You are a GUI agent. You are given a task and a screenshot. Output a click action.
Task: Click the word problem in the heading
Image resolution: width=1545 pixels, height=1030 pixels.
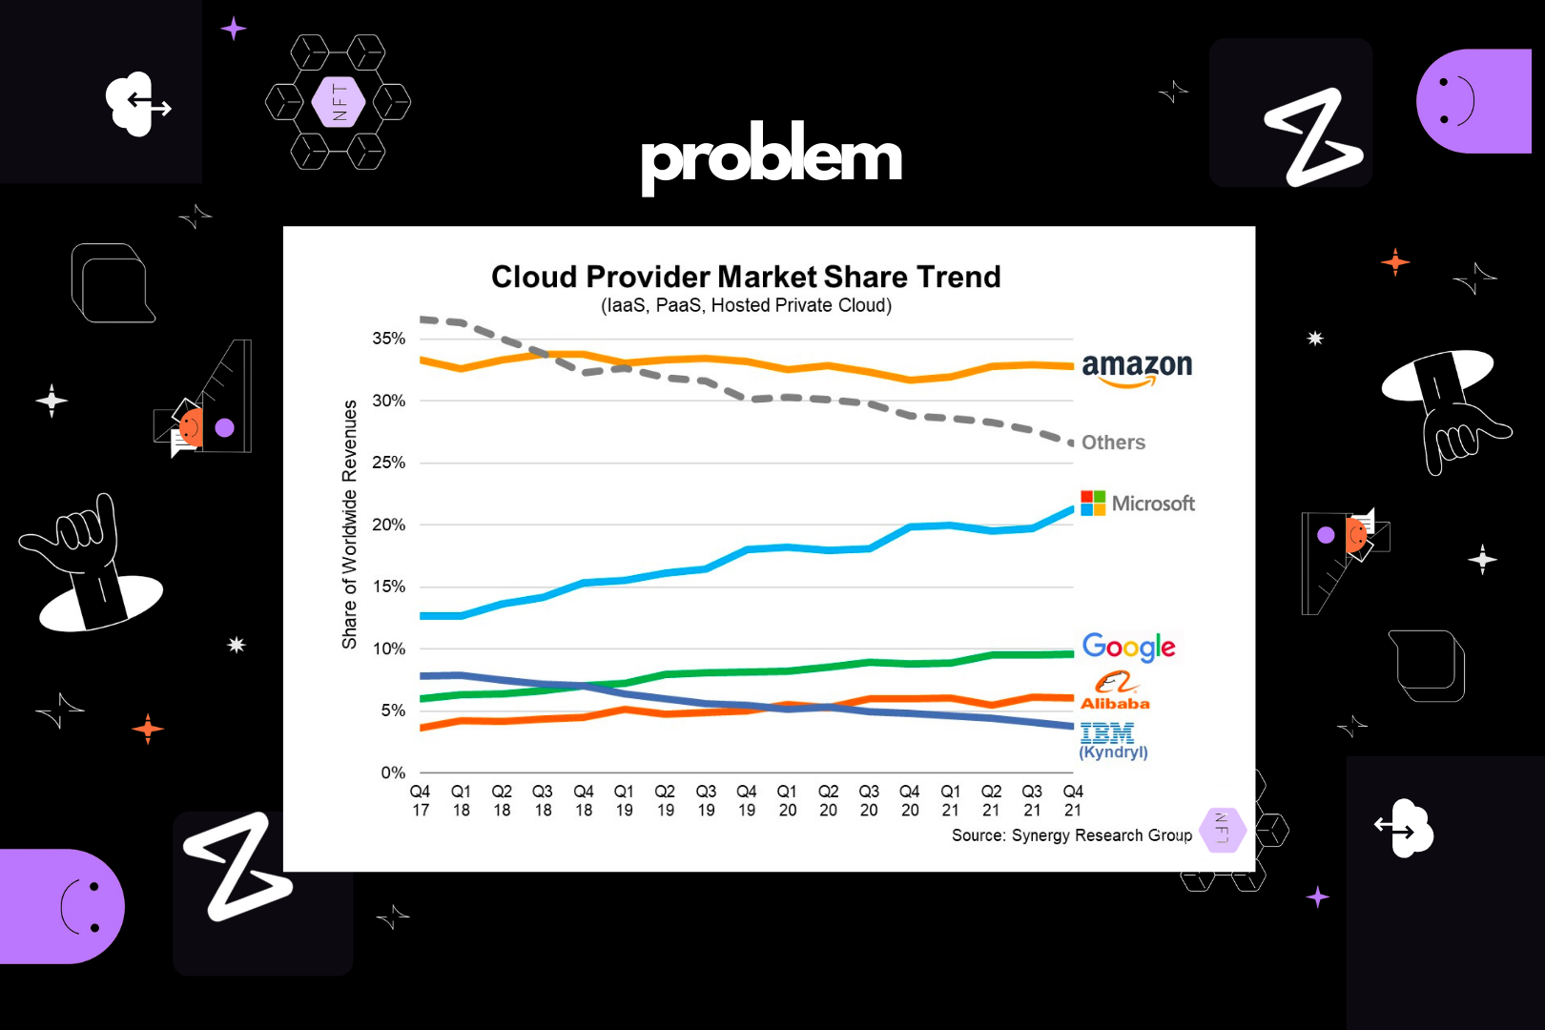point(772,156)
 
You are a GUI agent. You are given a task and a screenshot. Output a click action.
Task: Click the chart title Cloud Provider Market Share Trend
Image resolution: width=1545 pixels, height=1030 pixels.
point(746,277)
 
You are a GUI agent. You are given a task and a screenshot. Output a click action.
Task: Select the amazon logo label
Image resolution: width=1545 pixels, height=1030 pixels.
point(1137,368)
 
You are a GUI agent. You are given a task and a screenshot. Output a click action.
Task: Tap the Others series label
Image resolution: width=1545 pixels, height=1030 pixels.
point(1113,443)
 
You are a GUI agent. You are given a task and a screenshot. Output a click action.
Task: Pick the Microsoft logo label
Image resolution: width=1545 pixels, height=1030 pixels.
point(1138,504)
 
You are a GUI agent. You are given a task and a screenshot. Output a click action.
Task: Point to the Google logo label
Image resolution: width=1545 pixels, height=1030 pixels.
point(1128,648)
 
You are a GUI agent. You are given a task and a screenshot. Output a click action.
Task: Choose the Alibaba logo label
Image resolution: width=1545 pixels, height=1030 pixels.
point(1114,691)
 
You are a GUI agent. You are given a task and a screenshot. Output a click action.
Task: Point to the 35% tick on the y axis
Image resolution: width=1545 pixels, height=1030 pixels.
point(388,339)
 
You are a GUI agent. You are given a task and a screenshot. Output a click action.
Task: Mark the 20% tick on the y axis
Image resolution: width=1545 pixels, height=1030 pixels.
point(388,525)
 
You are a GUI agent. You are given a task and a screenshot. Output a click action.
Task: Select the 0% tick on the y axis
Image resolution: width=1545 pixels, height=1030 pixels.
point(393,772)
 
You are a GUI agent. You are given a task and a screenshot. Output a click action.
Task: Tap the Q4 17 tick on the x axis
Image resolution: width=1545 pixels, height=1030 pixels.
point(421,801)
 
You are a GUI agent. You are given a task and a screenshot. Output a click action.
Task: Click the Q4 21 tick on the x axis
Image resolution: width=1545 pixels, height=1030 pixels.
point(1073,801)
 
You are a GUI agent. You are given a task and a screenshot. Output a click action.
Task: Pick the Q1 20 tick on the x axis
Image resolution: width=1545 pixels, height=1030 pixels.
point(788,801)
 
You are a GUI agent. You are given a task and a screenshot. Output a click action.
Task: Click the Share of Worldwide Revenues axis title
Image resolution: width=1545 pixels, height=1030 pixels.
point(350,525)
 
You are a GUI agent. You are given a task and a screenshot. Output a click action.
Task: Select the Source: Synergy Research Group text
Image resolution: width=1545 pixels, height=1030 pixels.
point(1071,835)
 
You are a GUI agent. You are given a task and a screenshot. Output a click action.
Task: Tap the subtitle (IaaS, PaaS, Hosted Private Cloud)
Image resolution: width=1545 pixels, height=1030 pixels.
point(746,305)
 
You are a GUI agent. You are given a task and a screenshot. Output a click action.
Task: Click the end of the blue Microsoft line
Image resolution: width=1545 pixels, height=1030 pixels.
point(1072,509)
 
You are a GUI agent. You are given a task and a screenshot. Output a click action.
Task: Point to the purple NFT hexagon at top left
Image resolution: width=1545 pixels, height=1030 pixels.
point(339,102)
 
